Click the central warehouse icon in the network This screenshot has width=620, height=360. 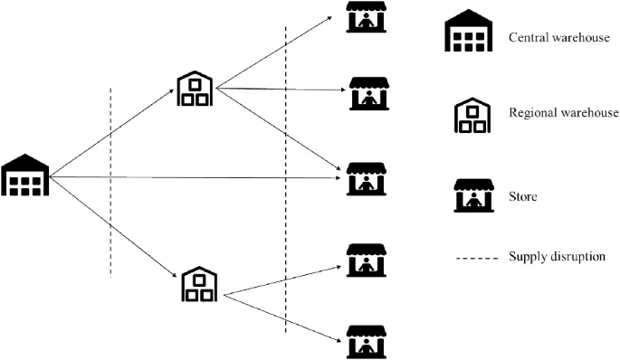(x=24, y=175)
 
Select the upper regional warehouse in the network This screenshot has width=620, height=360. (x=195, y=89)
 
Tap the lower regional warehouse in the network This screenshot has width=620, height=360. (x=198, y=284)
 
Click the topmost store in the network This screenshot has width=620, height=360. (x=366, y=18)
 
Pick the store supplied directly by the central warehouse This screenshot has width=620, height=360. (x=366, y=178)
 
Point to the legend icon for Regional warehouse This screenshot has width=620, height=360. (x=470, y=115)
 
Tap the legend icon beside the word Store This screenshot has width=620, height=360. (x=473, y=194)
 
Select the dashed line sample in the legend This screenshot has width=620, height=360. (x=474, y=259)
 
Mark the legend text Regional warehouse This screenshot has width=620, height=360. (x=563, y=113)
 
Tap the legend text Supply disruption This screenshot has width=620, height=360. (x=557, y=258)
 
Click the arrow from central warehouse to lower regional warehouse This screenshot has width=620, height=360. (x=113, y=226)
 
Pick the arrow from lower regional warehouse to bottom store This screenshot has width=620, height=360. (x=285, y=318)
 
